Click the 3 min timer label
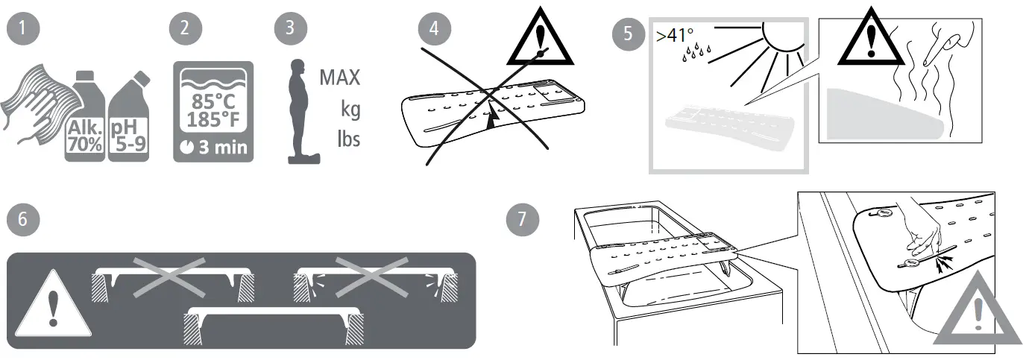[x=213, y=147]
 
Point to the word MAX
[x=339, y=78]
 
